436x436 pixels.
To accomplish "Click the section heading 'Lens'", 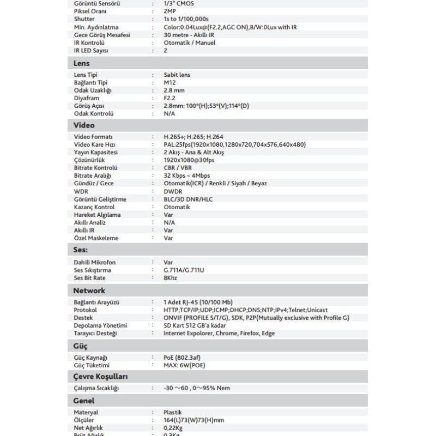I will (82, 63).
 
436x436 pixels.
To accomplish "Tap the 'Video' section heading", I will (84, 125).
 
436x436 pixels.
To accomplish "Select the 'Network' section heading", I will (89, 290).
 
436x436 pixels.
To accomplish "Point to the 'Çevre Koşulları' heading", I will (101, 377).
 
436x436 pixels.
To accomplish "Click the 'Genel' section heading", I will (84, 401).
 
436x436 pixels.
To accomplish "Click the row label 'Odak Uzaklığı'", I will (93, 90).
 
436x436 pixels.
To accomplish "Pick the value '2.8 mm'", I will (174, 90).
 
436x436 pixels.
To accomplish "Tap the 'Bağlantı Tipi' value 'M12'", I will (169, 83).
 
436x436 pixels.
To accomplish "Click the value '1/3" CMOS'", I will (179, 3).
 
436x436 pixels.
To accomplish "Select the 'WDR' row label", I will (81, 191).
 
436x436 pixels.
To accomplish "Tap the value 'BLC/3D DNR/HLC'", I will (188, 199).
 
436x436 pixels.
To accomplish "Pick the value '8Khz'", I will (171, 278).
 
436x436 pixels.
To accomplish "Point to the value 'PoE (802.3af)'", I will (183, 358).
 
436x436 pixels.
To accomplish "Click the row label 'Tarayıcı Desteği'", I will (95, 333).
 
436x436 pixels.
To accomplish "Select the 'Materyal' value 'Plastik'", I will (173, 413).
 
